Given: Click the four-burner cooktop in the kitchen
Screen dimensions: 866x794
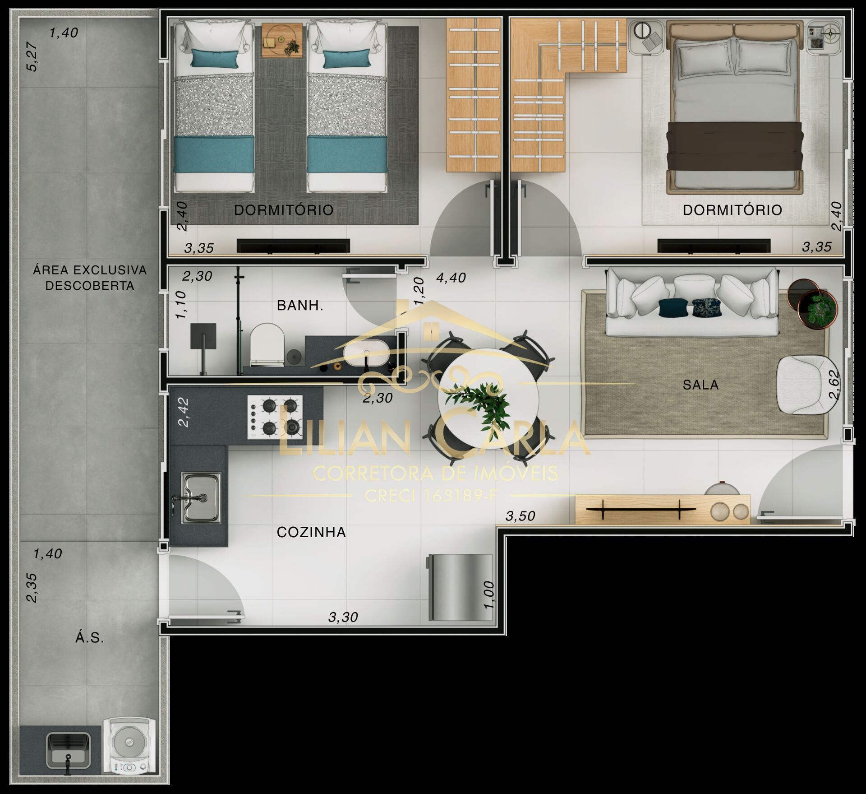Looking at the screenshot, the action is pyautogui.click(x=275, y=417).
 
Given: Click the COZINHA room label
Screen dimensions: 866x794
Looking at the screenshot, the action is pyautogui.click(x=311, y=533).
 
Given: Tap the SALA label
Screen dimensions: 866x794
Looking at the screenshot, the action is pyautogui.click(x=700, y=385).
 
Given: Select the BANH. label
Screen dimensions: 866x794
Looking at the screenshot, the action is pyautogui.click(x=300, y=306).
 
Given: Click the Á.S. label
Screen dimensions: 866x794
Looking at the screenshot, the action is pyautogui.click(x=90, y=638).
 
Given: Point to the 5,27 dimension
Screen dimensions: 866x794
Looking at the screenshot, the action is pyautogui.click(x=32, y=56).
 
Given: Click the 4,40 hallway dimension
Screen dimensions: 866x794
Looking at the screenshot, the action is pyautogui.click(x=451, y=278).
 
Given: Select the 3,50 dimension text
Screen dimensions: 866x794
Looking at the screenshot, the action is pyautogui.click(x=520, y=515).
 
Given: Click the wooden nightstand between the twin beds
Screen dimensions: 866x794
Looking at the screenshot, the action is pyautogui.click(x=282, y=41).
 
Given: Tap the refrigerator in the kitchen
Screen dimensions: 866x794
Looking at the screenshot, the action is pyautogui.click(x=460, y=587).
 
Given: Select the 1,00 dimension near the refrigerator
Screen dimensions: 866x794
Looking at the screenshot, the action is pyautogui.click(x=488, y=594).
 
